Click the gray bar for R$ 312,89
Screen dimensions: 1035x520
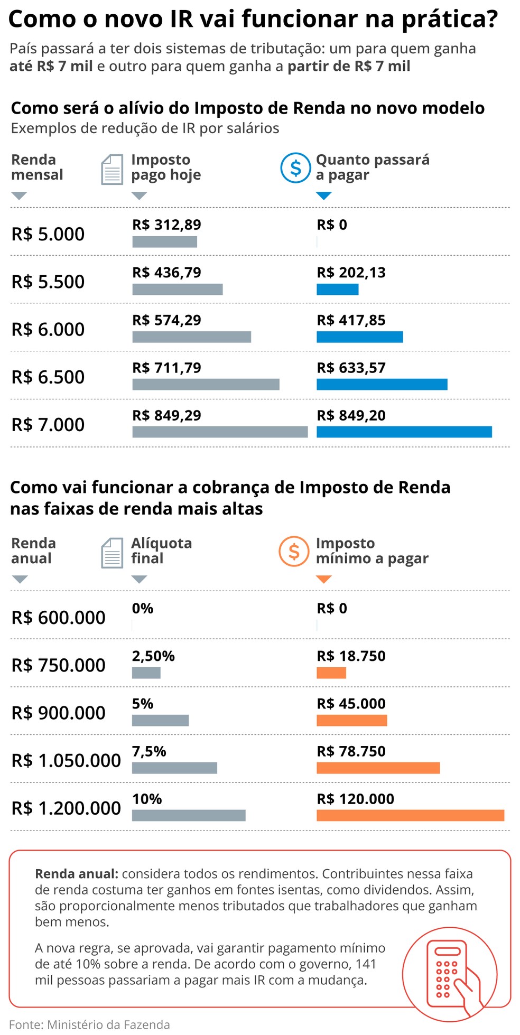coord(164,242)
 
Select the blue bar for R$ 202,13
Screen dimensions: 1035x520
coord(337,290)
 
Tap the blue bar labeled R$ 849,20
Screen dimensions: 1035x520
coord(404,432)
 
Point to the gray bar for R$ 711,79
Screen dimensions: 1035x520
coord(206,385)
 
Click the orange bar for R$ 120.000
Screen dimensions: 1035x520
coord(410,815)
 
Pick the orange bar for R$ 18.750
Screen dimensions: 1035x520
coord(331,673)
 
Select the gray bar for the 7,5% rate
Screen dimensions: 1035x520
coord(174,768)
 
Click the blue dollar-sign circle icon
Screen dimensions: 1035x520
coord(295,168)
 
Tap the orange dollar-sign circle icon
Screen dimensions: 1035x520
coord(294,552)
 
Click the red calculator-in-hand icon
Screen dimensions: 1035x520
coord(450,974)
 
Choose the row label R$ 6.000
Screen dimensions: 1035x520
coord(48,329)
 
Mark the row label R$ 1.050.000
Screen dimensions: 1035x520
coord(66,760)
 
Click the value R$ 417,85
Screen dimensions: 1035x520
coord(351,320)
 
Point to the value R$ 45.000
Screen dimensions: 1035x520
coord(351,704)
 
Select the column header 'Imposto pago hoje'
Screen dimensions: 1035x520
coord(166,167)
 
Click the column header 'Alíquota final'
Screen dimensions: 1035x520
coord(161,551)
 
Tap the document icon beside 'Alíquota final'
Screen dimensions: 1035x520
coord(112,553)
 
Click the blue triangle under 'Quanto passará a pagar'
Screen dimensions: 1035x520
coord(323,196)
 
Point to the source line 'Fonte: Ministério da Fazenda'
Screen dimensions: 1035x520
coord(89,1025)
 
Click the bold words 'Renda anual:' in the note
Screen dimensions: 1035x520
coord(76,874)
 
